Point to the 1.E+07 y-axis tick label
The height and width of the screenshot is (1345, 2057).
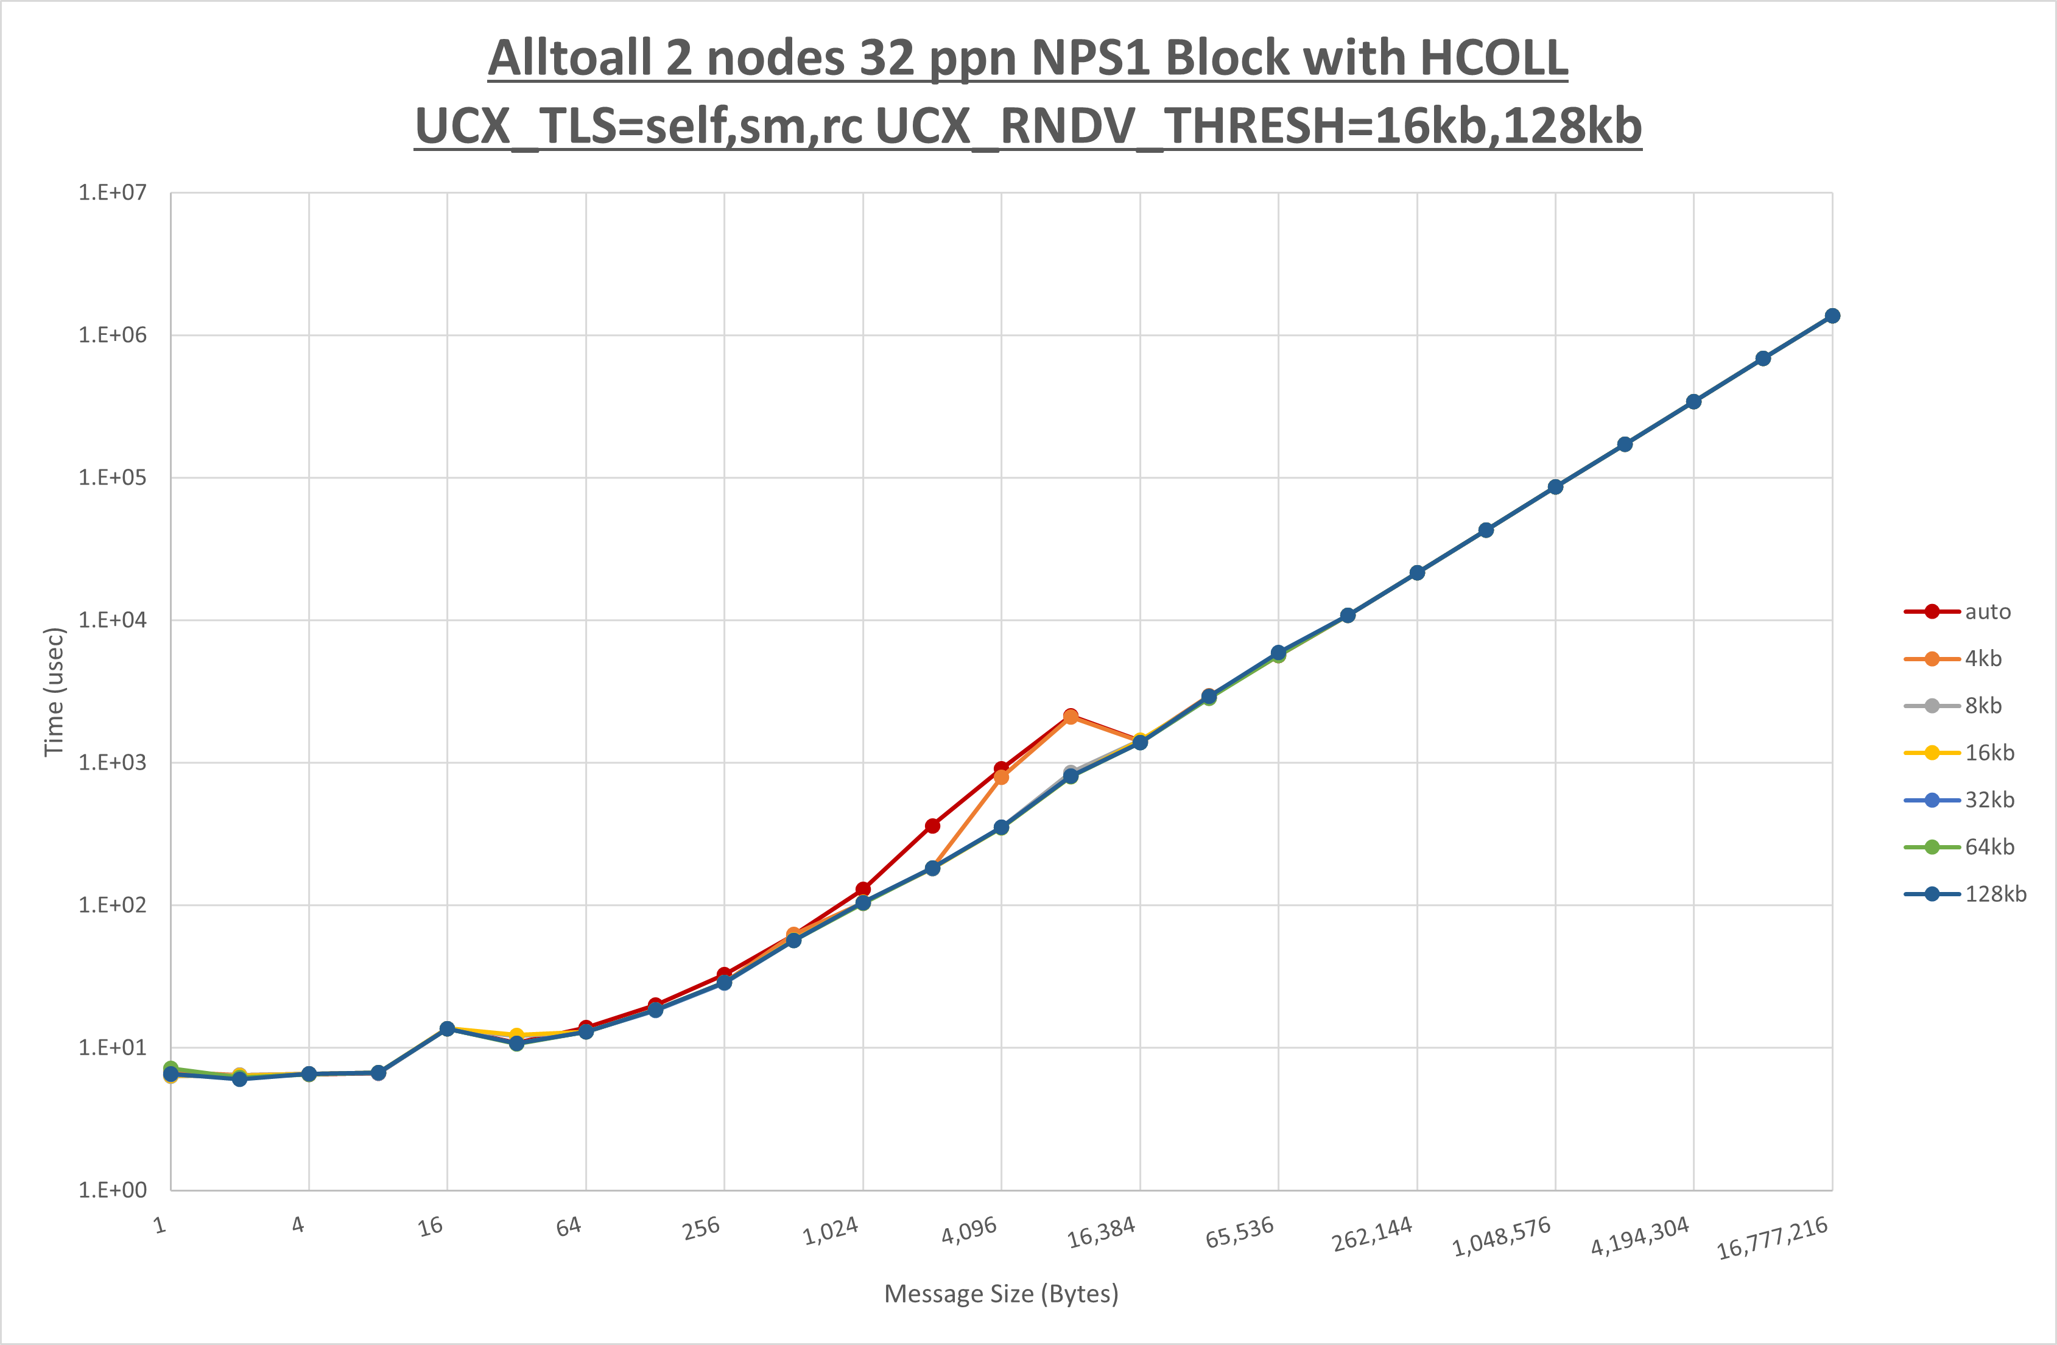pos(113,193)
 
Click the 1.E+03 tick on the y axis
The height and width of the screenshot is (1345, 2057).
pos(113,762)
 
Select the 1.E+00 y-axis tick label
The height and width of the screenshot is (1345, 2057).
pos(113,1190)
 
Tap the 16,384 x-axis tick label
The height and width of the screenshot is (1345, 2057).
pos(1101,1232)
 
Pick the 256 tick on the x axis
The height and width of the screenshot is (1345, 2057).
pos(701,1227)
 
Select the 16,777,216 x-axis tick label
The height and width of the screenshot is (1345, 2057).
pos(1772,1238)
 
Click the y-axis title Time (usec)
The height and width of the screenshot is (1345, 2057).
pos(54,692)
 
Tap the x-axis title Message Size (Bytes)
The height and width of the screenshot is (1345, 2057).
pos(1001,1294)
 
